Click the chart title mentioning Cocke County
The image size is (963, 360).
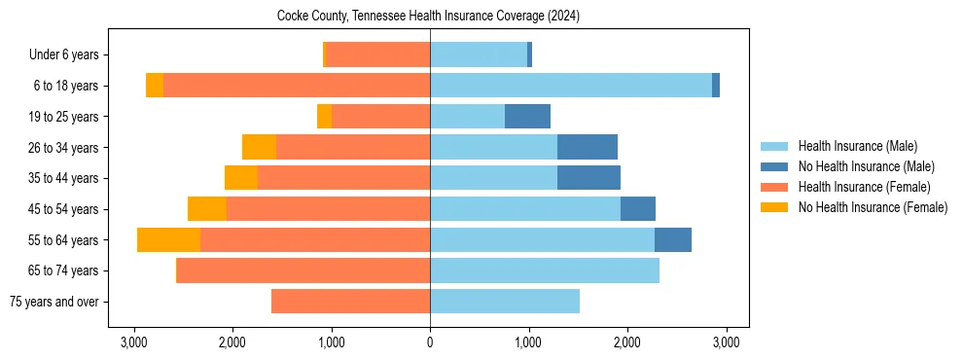click(429, 16)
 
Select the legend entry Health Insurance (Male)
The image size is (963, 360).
click(857, 146)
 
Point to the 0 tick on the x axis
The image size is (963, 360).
click(430, 342)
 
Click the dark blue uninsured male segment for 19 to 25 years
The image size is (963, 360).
click(527, 117)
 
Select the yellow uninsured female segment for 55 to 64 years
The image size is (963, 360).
click(168, 239)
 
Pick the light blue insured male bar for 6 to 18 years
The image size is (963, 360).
click(571, 86)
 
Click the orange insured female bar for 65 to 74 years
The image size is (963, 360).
click(303, 270)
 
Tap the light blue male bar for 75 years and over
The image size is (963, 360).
click(505, 302)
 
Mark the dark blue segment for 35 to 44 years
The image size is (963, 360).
click(588, 178)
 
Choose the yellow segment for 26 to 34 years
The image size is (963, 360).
click(259, 147)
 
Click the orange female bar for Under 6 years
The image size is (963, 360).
click(377, 55)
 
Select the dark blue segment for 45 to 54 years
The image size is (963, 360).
click(638, 209)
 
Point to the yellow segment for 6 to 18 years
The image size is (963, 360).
click(155, 86)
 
